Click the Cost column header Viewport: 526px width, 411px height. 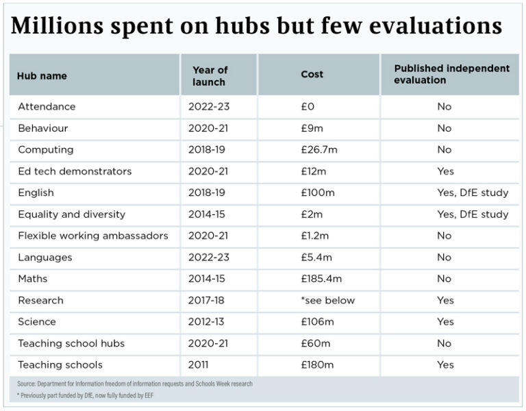(x=312, y=74)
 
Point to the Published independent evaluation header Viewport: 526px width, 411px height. (x=451, y=74)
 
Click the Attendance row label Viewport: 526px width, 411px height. (x=47, y=107)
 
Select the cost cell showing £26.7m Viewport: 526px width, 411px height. (x=318, y=150)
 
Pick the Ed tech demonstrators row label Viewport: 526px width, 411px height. (x=75, y=171)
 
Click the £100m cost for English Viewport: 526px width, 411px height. (x=318, y=193)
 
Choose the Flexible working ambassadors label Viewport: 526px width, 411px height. (x=92, y=236)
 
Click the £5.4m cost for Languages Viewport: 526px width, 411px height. (x=316, y=258)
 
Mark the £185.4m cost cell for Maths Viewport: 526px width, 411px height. (x=321, y=279)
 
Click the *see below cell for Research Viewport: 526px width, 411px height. (x=328, y=300)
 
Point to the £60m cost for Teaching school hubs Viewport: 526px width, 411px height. (x=315, y=343)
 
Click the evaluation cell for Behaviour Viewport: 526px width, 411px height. (x=444, y=128)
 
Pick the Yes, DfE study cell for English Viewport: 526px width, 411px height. (x=473, y=193)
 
